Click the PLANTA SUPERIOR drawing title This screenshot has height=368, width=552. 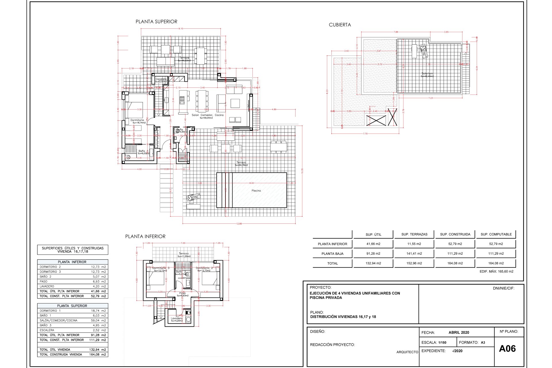[156, 22]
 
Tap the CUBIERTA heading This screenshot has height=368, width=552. [340, 25]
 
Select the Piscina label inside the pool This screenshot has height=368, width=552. [256, 191]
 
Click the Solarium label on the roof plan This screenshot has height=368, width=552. [427, 74]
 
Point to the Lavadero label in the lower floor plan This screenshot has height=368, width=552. [177, 318]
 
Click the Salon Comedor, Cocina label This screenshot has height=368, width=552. [208, 115]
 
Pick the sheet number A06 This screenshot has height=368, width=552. [507, 348]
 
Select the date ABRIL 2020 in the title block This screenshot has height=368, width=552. [459, 332]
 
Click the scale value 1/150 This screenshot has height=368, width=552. [442, 342]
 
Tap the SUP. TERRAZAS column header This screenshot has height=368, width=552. [414, 234]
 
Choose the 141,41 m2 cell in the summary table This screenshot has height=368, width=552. [414, 254]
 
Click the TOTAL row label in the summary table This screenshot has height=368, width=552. [332, 263]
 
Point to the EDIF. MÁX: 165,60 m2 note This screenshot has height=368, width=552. [496, 271]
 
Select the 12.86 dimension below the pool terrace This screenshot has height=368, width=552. [239, 224]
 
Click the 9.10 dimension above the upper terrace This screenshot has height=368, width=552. [181, 28]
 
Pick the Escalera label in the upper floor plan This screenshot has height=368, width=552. [161, 79]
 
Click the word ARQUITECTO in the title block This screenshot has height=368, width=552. [407, 352]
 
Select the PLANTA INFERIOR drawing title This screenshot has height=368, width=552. [145, 236]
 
